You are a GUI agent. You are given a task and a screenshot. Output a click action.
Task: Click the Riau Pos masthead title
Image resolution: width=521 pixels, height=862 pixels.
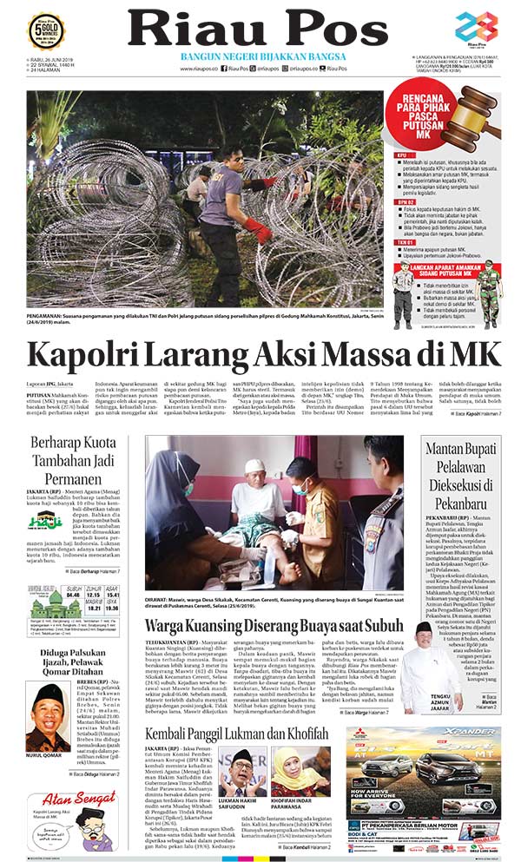click(258, 29)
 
